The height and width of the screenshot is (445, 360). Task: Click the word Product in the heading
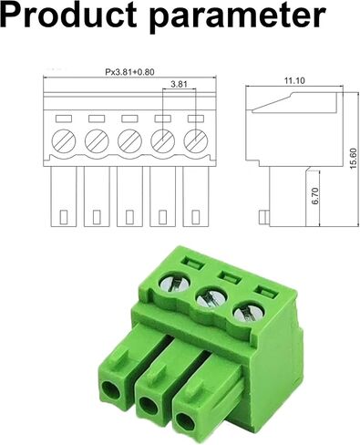68,16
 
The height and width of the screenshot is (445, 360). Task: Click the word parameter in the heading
238,17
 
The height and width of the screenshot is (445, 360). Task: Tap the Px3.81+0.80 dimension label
129,72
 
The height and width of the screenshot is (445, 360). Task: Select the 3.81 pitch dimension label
179,84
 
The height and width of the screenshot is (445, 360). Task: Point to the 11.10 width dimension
294,80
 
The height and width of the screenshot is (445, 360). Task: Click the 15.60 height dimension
354,158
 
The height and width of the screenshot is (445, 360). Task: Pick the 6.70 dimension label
315,196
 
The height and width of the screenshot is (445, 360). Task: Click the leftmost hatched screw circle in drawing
64,141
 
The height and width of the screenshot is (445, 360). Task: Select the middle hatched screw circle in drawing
129,141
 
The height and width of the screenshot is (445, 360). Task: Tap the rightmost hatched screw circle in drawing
196,141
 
